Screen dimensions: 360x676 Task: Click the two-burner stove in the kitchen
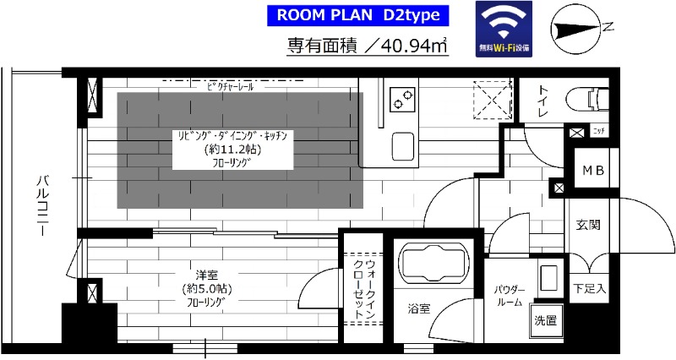[x=401, y=100]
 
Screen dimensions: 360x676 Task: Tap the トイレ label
[x=541, y=101]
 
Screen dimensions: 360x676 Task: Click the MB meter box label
[x=591, y=170]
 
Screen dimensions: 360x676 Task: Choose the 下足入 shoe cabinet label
[x=589, y=287]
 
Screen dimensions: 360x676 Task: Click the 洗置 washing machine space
[x=545, y=320]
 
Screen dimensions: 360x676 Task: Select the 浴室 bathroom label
[x=417, y=309]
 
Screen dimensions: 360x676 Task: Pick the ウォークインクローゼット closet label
[x=363, y=286]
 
